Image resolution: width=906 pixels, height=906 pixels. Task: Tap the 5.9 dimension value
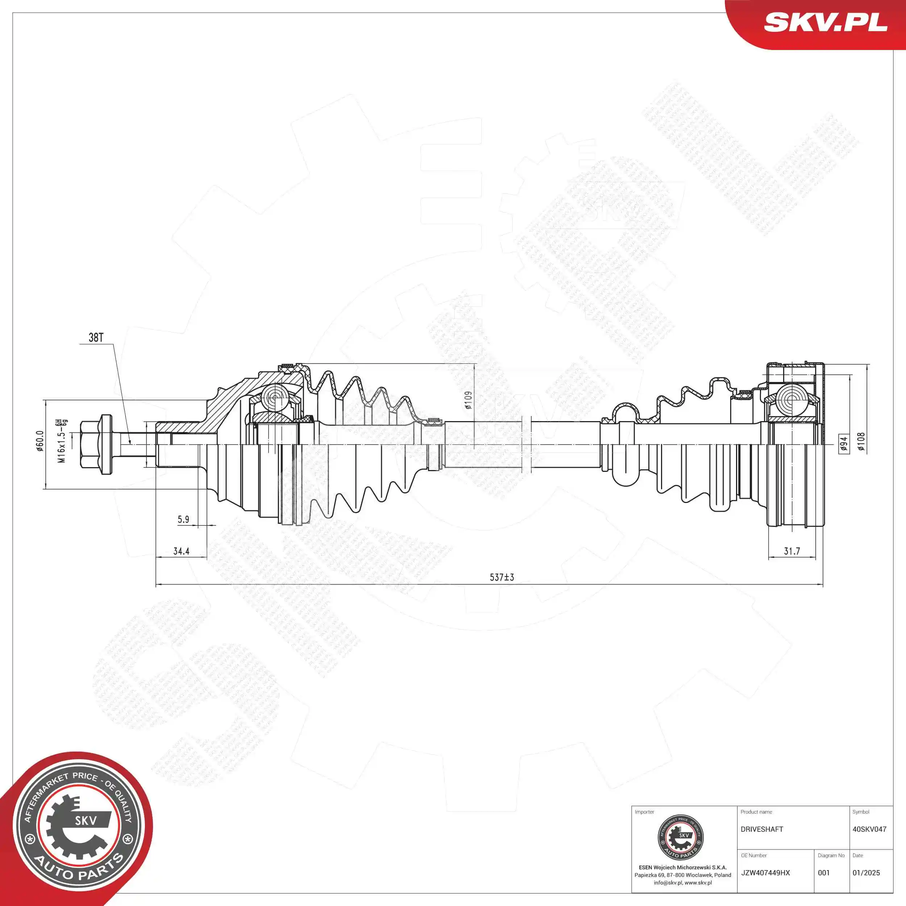coord(183,520)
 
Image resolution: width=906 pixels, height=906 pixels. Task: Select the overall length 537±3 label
coord(502,577)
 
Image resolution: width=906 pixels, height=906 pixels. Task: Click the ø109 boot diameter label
coord(468,400)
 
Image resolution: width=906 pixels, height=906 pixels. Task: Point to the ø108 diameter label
coord(861,442)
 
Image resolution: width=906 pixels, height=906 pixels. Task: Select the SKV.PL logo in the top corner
coord(825,23)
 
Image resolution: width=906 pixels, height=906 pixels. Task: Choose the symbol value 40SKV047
coord(869,829)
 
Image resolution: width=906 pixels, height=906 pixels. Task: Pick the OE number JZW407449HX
coord(765,873)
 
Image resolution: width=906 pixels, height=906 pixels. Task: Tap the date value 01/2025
coord(866,873)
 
